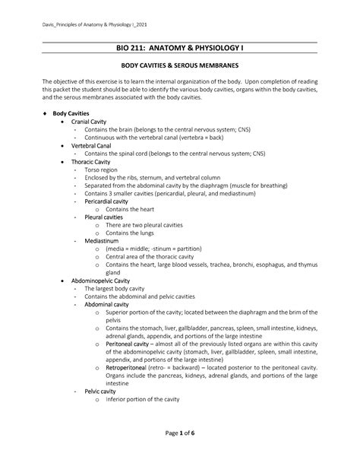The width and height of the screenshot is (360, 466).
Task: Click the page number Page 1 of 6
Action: pyautogui.click(x=179, y=433)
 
